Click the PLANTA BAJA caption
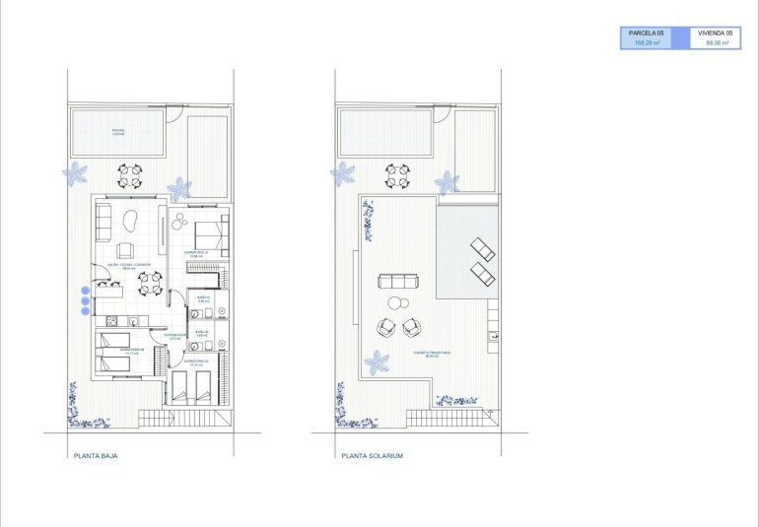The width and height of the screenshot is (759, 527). tap(96, 456)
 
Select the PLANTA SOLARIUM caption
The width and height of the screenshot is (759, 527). tap(372, 456)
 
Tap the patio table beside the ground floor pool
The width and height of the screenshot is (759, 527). tap(130, 176)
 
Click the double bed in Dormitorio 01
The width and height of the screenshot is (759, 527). tap(211, 235)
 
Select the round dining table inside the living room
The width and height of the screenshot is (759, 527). tap(150, 285)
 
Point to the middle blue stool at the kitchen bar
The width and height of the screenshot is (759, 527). tap(84, 300)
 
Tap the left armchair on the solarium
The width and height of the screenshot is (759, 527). tap(385, 326)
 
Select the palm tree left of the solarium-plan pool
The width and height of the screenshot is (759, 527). tap(342, 174)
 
